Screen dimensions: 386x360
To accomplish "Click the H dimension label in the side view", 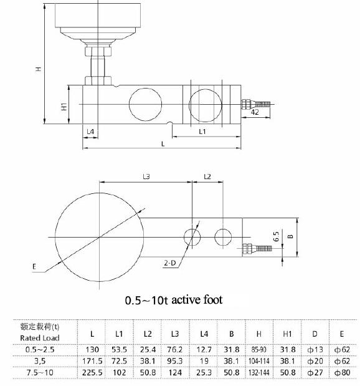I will pyautogui.click(x=38, y=69).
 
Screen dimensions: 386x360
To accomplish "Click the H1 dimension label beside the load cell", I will pyautogui.click(x=64, y=107).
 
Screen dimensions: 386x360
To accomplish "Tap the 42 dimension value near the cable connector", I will pyautogui.click(x=255, y=113).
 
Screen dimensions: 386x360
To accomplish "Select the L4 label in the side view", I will pyautogui.click(x=90, y=132).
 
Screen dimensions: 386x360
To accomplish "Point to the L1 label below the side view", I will pyautogui.click(x=203, y=132).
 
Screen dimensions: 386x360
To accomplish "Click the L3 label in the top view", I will pyautogui.click(x=146, y=177).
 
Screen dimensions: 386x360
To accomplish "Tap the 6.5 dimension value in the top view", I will pyautogui.click(x=275, y=237).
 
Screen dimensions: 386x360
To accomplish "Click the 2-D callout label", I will pyautogui.click(x=170, y=264).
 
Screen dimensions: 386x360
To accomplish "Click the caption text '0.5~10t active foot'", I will pyautogui.click(x=174, y=300).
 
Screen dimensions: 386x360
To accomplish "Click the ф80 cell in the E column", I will pyautogui.click(x=342, y=372).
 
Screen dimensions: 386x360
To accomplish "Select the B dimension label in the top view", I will pyautogui.click(x=290, y=238).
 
